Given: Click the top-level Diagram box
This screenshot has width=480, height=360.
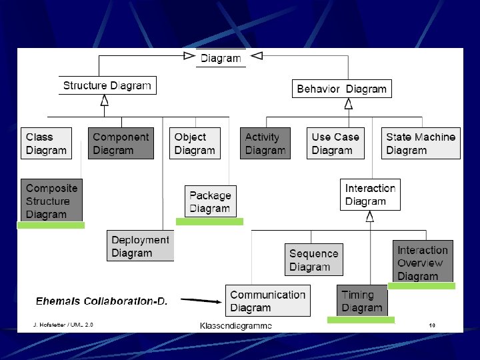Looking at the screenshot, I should tap(221, 58).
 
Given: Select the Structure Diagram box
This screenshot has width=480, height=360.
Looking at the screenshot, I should tap(107, 85).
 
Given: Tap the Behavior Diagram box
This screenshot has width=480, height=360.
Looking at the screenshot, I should tap(341, 89).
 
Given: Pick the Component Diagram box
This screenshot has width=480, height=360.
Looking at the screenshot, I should tap(121, 143).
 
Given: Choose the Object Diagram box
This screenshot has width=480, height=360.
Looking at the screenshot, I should tap(195, 143).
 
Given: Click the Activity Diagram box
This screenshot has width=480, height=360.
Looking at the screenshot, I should tap(265, 143).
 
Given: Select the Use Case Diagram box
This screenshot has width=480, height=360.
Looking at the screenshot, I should tap(336, 143).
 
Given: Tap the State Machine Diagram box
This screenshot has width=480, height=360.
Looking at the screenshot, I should tap(421, 143).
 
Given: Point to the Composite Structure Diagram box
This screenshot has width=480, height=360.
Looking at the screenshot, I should tap(51, 201).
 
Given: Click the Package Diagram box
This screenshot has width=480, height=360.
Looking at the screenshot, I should tap(210, 202).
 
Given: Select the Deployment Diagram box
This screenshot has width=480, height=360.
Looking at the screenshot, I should tap(140, 246).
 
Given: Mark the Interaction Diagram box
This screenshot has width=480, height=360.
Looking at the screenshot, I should tap(370, 195).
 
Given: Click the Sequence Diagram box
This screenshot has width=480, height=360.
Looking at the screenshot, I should tap(314, 260).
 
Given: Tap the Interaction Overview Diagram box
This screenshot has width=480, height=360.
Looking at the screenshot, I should tap(423, 263).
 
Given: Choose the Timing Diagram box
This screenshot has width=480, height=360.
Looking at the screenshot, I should tap(362, 301).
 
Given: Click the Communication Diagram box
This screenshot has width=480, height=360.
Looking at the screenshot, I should tap(267, 301).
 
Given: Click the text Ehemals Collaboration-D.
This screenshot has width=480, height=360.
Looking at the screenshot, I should tap(101, 301).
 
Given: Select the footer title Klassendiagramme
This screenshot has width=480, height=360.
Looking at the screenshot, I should tap(236, 325).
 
